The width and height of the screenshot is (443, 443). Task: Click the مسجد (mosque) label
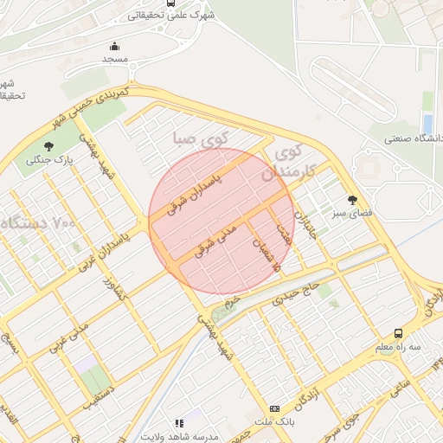[114, 59]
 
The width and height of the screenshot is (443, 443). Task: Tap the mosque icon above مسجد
[114, 46]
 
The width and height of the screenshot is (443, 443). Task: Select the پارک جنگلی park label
[49, 159]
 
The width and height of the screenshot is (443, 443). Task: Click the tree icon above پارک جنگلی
[48, 146]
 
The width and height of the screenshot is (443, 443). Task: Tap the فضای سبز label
[352, 212]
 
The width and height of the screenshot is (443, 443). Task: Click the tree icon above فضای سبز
[352, 199]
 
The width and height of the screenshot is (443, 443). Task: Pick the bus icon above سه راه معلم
[398, 332]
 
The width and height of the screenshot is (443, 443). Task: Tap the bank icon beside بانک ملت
[274, 408]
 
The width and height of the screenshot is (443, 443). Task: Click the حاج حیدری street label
[298, 292]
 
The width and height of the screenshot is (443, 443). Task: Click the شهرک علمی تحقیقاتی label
[170, 15]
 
